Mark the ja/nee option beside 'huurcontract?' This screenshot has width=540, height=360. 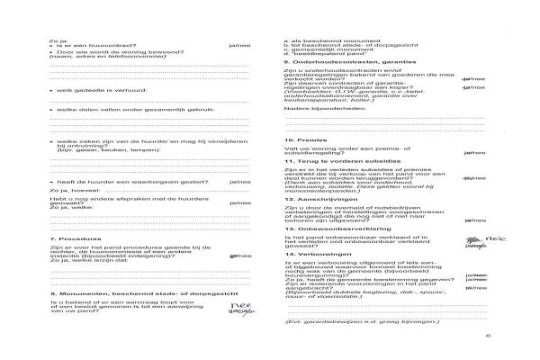(241, 44)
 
